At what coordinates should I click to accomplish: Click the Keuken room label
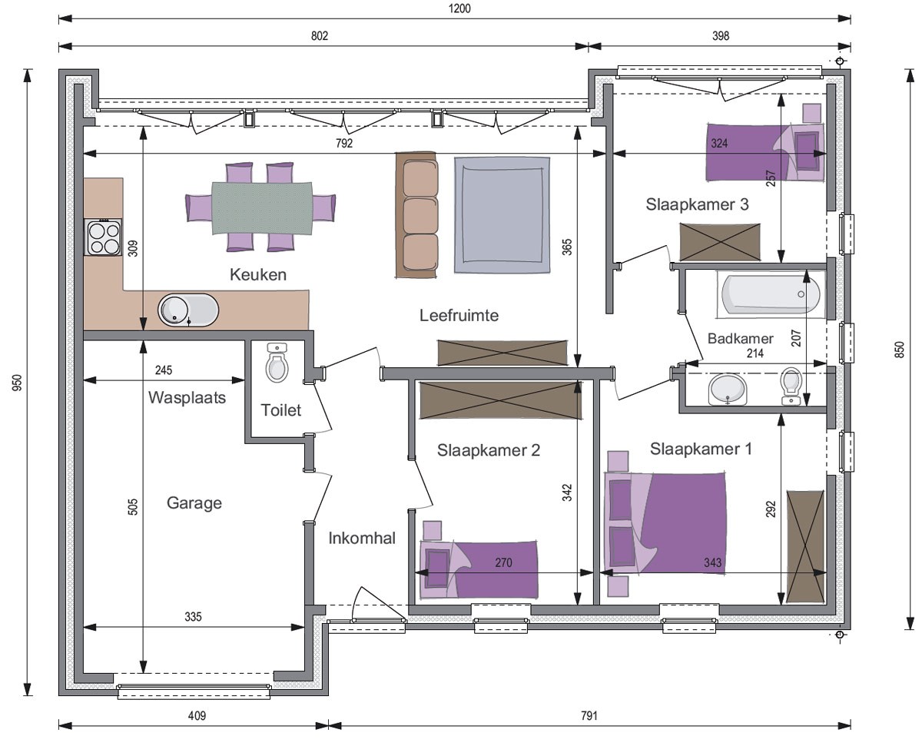[258, 274]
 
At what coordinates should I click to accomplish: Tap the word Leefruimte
[459, 315]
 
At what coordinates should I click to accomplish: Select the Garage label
[194, 503]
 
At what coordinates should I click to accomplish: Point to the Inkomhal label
[362, 539]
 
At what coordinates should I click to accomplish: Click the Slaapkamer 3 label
[698, 204]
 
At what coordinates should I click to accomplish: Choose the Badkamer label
[740, 338]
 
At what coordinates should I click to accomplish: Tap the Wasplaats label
[187, 397]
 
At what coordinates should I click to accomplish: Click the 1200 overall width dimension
[459, 8]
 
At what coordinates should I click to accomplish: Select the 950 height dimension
[17, 383]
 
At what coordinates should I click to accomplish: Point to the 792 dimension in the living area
[344, 143]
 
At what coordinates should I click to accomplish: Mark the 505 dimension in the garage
[132, 507]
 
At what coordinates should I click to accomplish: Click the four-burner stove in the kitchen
[104, 237]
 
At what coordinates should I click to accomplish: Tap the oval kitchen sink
[188, 310]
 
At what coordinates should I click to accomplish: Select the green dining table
[262, 208]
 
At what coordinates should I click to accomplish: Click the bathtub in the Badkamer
[771, 293]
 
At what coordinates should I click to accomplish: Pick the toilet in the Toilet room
[277, 363]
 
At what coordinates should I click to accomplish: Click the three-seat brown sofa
[417, 215]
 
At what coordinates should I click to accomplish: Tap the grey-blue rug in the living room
[502, 215]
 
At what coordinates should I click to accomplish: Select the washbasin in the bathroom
[728, 390]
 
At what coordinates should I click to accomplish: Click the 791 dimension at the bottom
[589, 716]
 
